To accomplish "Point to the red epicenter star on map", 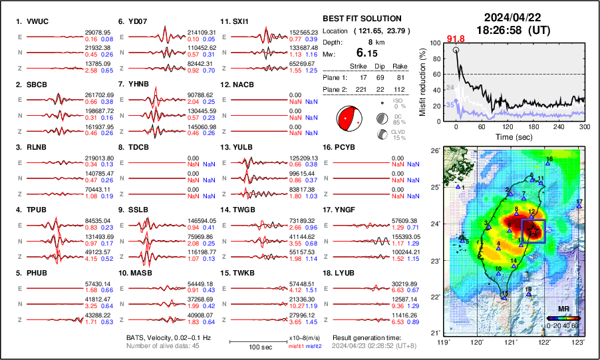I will [x=533, y=230].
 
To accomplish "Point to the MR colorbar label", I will [x=562, y=309].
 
